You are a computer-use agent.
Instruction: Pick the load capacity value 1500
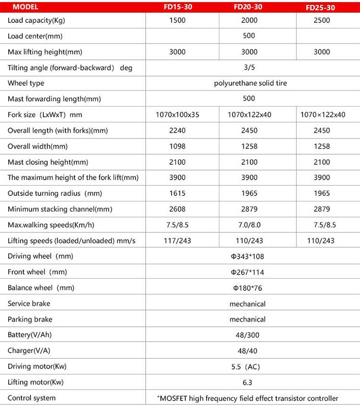[x=177, y=20]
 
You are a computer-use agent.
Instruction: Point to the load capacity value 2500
[x=322, y=20]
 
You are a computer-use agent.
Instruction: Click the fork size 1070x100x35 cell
[x=177, y=115]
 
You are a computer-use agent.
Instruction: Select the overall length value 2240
[x=177, y=130]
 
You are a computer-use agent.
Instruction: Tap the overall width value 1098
[x=177, y=146]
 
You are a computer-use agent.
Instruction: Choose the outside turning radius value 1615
[x=177, y=193]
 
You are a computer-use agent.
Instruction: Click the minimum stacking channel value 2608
[x=177, y=209]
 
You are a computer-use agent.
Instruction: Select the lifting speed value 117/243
[x=177, y=241]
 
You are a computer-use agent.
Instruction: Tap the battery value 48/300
[x=249, y=335]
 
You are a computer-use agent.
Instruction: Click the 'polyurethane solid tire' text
[x=250, y=83]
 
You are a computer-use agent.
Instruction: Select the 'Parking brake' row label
[x=30, y=319]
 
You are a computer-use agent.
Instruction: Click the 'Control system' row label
[x=31, y=398]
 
